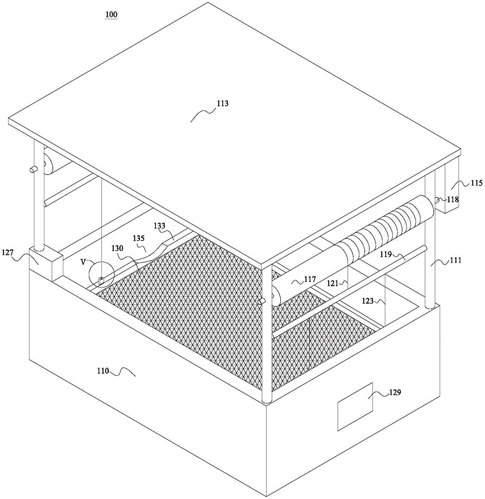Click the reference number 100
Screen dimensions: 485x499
tap(111, 14)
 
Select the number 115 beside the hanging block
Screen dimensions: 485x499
tap(463, 183)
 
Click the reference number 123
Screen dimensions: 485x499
tap(367, 301)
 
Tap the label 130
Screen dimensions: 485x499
tap(119, 248)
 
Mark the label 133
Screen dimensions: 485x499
tap(159, 226)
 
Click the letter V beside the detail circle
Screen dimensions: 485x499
tap(83, 261)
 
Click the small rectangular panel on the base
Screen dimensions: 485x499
tap(355, 406)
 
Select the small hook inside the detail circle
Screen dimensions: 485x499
tap(101, 280)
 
